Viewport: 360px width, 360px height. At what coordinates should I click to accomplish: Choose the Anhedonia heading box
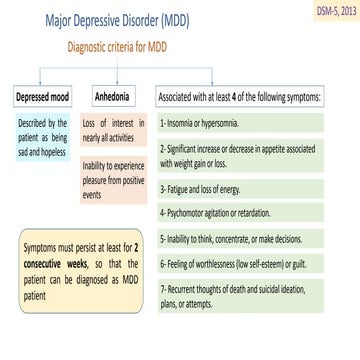(112, 98)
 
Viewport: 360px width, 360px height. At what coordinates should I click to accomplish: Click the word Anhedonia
(112, 98)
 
